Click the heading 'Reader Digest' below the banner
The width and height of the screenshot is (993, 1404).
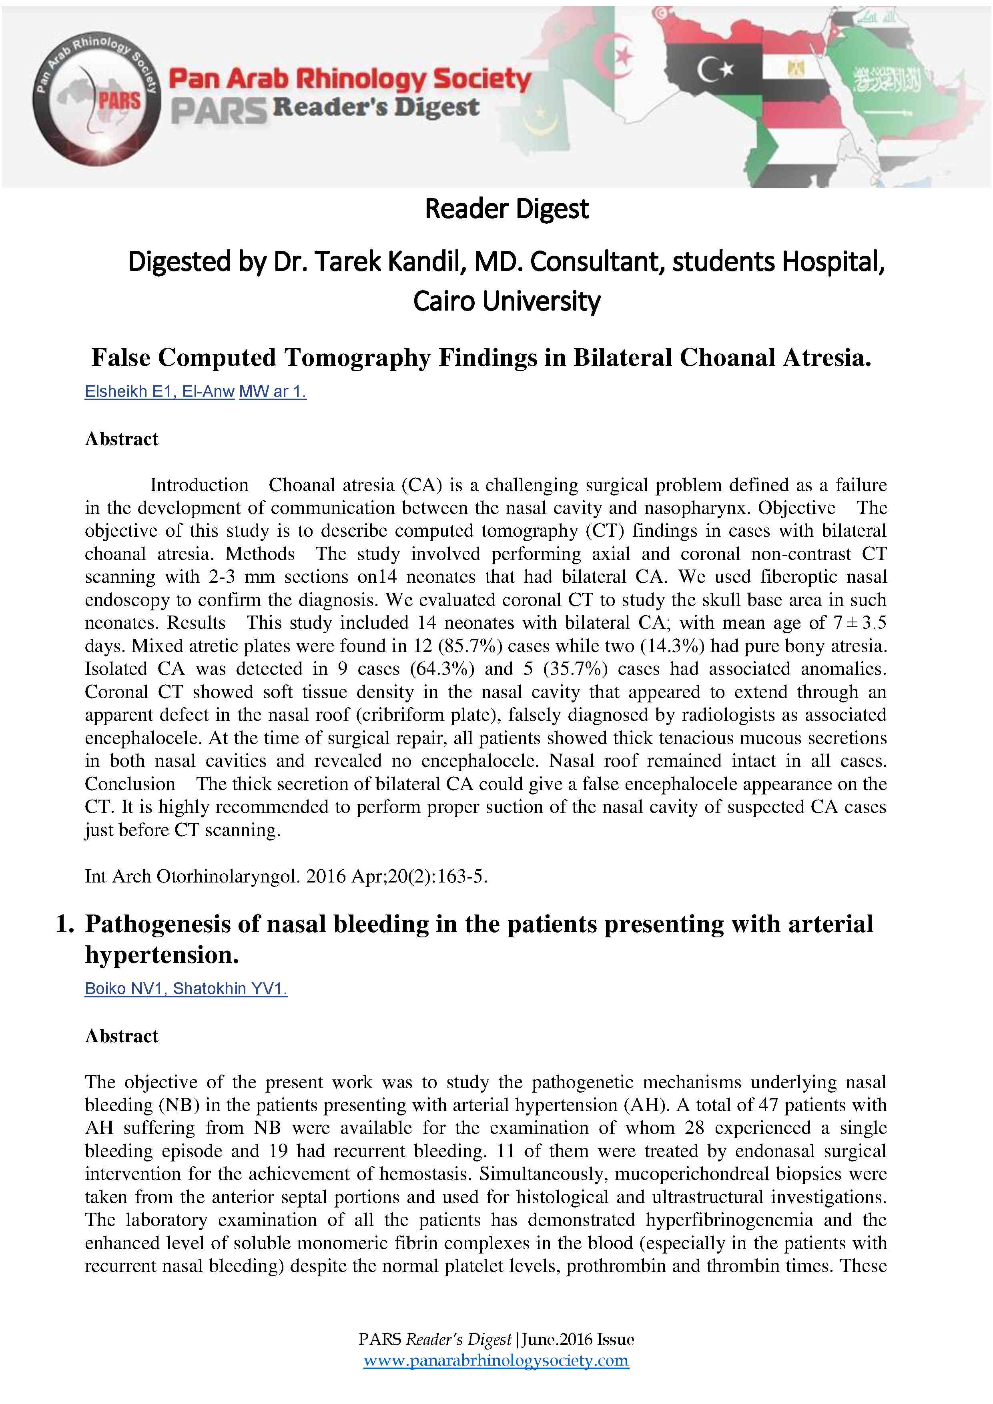(x=506, y=209)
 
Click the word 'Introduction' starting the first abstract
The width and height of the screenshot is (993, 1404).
(x=199, y=485)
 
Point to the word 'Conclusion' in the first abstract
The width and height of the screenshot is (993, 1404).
(x=130, y=784)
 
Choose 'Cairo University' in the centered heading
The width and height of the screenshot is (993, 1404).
(x=506, y=301)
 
